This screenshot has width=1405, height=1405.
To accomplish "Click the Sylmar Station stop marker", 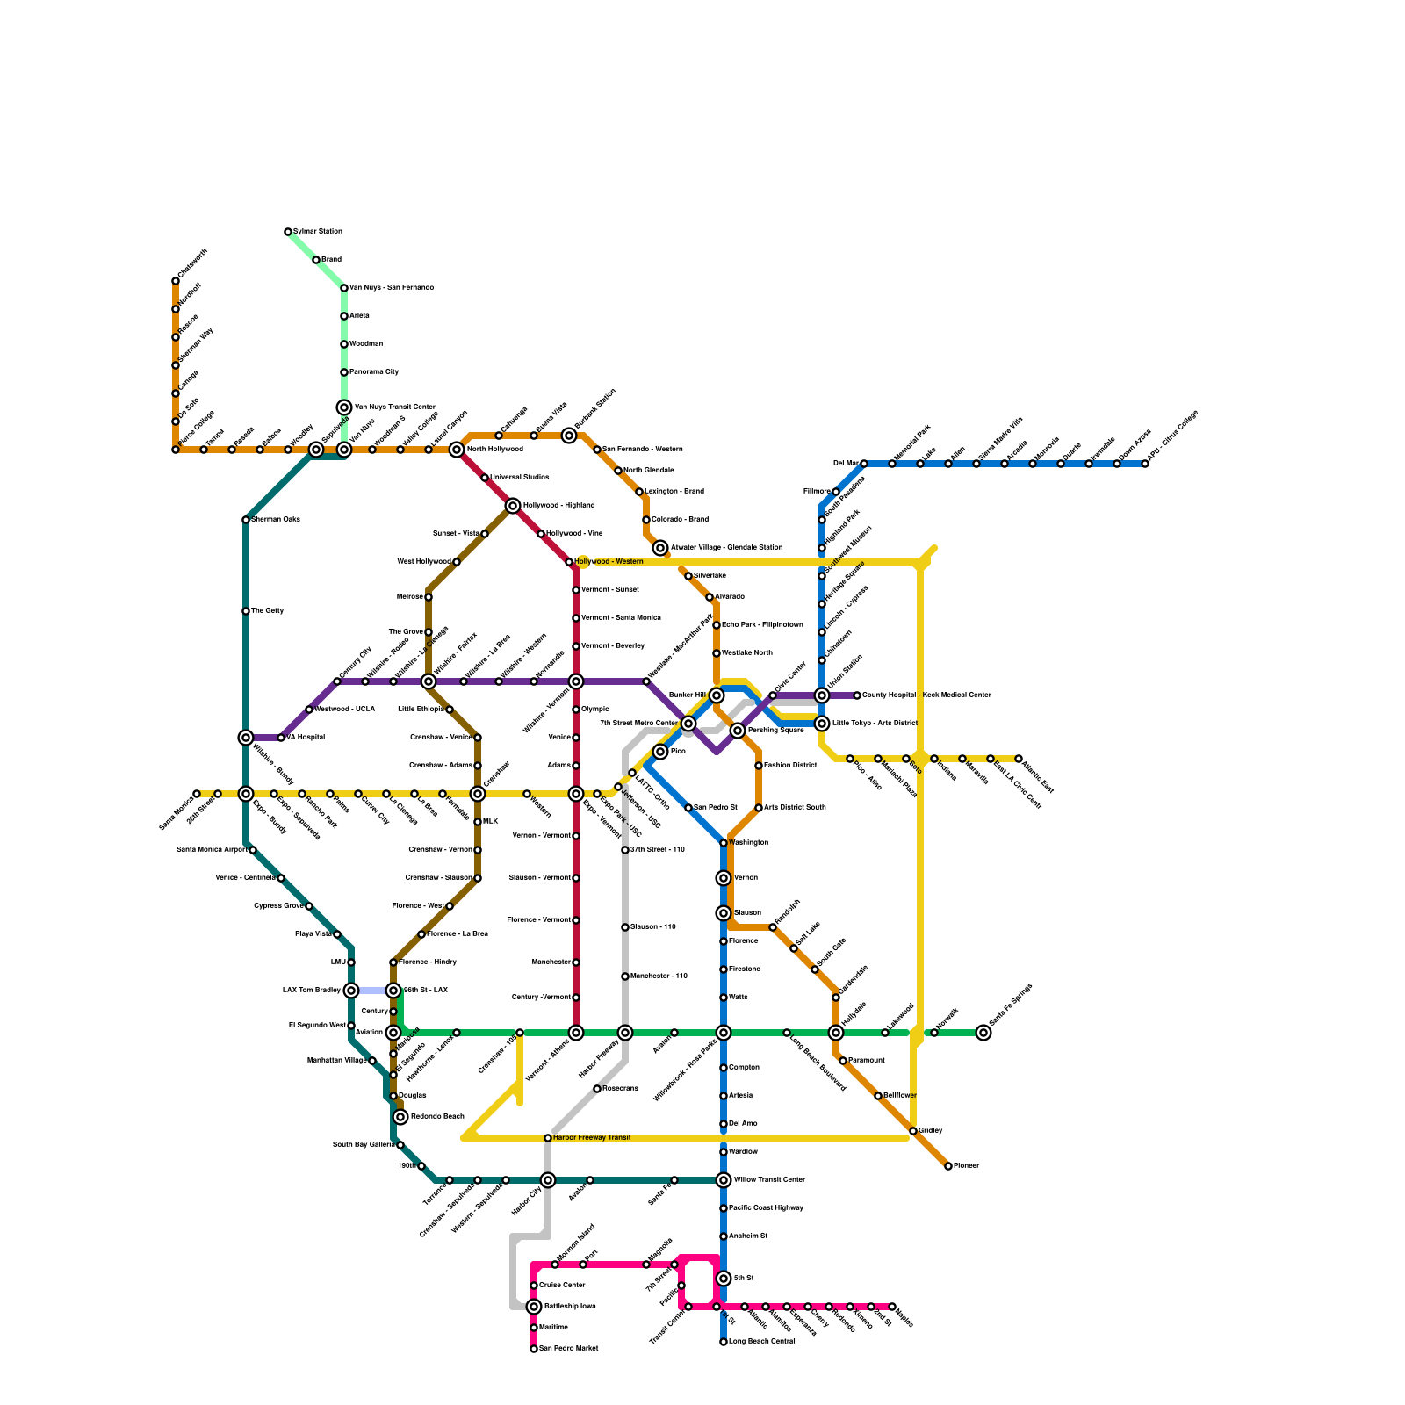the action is pyautogui.click(x=288, y=232).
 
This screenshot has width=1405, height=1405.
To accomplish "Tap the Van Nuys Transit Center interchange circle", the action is pyautogui.click(x=344, y=407).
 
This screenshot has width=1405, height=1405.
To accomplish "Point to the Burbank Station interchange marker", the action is pyautogui.click(x=569, y=436).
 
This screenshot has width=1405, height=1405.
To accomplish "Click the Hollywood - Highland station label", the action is pyautogui.click(x=558, y=506).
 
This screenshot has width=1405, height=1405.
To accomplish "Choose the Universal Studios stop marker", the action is pyautogui.click(x=485, y=478).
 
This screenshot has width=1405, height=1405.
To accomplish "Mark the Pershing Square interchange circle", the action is pyautogui.click(x=738, y=731).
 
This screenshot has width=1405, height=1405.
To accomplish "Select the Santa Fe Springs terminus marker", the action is pyautogui.click(x=983, y=1033).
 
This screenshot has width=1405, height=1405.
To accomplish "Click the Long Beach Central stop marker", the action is pyautogui.click(x=724, y=1342).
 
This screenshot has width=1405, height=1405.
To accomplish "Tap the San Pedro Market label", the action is pyautogui.click(x=568, y=1349).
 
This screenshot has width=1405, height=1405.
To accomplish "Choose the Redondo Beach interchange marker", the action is pyautogui.click(x=400, y=1117).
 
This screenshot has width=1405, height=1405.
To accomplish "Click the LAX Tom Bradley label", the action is pyautogui.click(x=311, y=991).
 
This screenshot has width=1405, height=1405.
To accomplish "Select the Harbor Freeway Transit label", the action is pyautogui.click(x=591, y=1138).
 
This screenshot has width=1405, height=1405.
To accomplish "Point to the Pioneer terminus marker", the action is pyautogui.click(x=948, y=1166).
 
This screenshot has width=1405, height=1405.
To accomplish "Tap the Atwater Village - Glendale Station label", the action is pyautogui.click(x=726, y=548).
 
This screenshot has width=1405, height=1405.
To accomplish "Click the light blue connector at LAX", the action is pyautogui.click(x=372, y=991).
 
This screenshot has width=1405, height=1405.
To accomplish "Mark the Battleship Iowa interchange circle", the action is pyautogui.click(x=534, y=1307).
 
